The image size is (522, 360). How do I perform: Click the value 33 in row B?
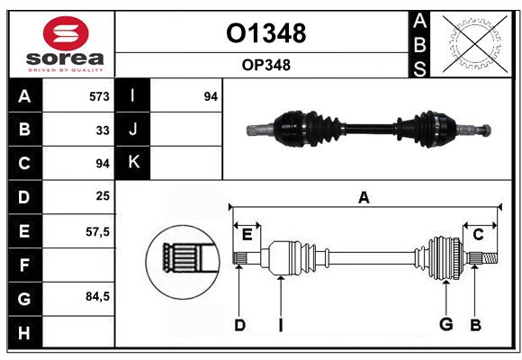pos(103,130)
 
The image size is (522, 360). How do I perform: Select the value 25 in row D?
pos(103,196)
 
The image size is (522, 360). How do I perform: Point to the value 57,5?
pos(97,231)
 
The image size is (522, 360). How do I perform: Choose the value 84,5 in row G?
pos(97,296)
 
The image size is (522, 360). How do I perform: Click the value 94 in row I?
pos(211,96)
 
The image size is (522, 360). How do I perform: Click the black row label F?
pos(24,265)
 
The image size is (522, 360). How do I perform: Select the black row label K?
pos(133,163)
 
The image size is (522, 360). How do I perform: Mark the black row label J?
pos(133,130)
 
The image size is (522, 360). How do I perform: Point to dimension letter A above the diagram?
pos(364,198)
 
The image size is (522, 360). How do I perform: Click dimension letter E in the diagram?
pos(247,235)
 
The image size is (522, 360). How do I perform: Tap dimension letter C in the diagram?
pos(478,235)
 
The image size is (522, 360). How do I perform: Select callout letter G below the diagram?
pos(445,324)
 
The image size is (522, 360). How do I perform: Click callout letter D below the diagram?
pos(239,324)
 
